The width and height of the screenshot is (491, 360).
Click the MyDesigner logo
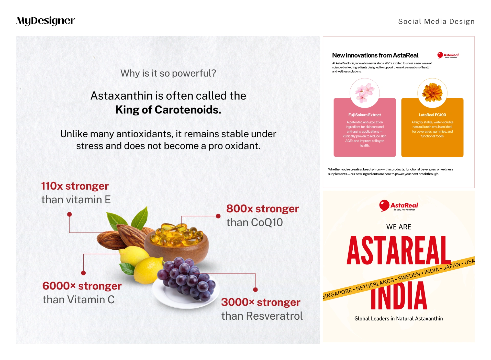click(46, 21)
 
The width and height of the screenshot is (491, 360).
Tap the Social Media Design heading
click(436, 21)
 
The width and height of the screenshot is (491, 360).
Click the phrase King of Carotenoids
click(168, 110)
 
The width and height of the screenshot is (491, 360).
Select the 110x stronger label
click(75, 186)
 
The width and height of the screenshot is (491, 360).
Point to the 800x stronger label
click(262, 209)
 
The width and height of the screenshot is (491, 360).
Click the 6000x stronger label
click(82, 286)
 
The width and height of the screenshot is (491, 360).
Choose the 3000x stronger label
click(261, 302)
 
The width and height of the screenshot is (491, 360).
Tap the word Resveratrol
click(274, 316)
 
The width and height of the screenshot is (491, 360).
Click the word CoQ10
click(267, 222)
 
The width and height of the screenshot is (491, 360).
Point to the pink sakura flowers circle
click(365, 93)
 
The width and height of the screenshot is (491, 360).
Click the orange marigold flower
click(432, 92)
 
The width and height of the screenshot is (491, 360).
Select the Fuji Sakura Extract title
click(365, 115)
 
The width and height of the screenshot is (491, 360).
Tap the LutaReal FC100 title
click(432, 115)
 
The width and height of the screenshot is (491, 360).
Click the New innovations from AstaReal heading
click(375, 55)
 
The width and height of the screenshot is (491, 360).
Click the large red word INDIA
click(399, 296)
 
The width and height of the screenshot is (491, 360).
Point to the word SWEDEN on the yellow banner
click(409, 276)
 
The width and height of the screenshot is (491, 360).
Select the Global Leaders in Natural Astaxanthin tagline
click(398, 319)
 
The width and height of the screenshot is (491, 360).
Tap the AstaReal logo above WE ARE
click(398, 206)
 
